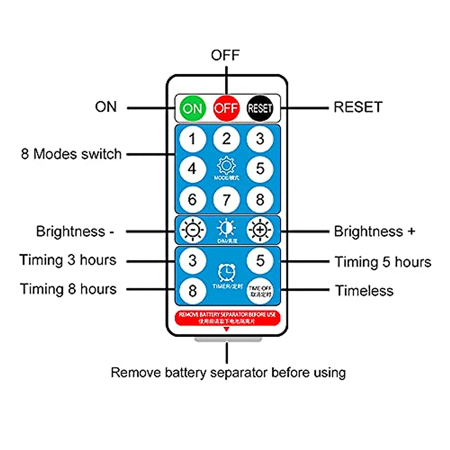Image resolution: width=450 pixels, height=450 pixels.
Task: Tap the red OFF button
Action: click(x=226, y=108)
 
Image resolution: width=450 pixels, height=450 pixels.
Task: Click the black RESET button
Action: click(x=260, y=108)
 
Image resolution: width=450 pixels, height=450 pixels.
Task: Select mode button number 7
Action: click(x=226, y=199)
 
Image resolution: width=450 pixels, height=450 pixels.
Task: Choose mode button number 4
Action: click(x=192, y=169)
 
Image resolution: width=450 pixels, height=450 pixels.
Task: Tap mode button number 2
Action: click(x=226, y=139)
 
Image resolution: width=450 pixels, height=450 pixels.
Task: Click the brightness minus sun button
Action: click(x=192, y=230)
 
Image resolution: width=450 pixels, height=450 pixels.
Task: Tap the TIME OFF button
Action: click(x=260, y=291)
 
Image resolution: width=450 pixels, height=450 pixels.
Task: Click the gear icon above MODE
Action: click(x=226, y=166)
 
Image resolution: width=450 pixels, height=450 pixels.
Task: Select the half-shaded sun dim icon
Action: click(x=226, y=228)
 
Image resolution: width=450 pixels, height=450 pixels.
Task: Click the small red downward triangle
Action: click(x=226, y=329)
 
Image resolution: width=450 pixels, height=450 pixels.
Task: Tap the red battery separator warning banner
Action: click(x=227, y=318)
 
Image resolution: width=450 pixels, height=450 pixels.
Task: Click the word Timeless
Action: click(x=364, y=291)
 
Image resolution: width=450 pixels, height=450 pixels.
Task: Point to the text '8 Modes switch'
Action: click(x=71, y=154)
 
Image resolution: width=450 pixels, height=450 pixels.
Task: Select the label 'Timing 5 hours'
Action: click(x=383, y=262)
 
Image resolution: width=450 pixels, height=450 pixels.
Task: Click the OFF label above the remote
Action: click(x=225, y=55)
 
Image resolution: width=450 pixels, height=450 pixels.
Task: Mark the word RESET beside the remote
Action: click(x=358, y=107)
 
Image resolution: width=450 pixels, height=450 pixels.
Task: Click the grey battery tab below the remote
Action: click(x=228, y=339)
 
